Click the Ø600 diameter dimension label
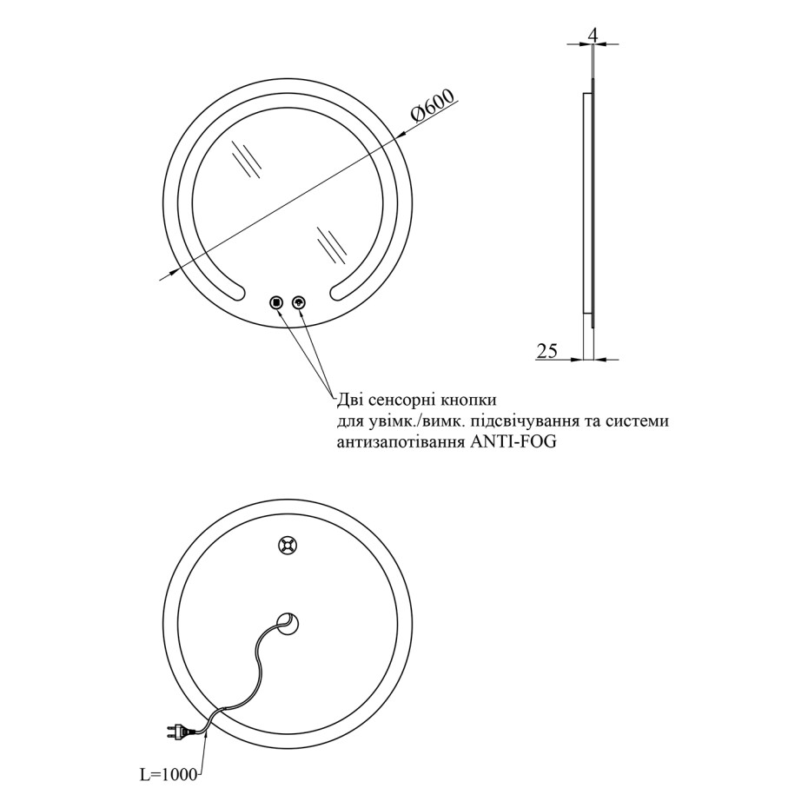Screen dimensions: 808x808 click(x=434, y=106)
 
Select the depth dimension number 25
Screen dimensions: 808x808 click(x=547, y=351)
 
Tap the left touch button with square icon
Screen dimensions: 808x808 click(x=277, y=302)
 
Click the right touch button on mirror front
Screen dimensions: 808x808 click(x=299, y=302)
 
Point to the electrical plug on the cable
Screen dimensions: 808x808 click(x=178, y=731)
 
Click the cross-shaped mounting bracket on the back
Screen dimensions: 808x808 click(x=288, y=546)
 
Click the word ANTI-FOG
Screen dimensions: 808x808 click(x=513, y=442)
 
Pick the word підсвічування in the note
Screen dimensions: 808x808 click(x=521, y=421)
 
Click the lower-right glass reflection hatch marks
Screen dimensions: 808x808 click(x=332, y=244)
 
